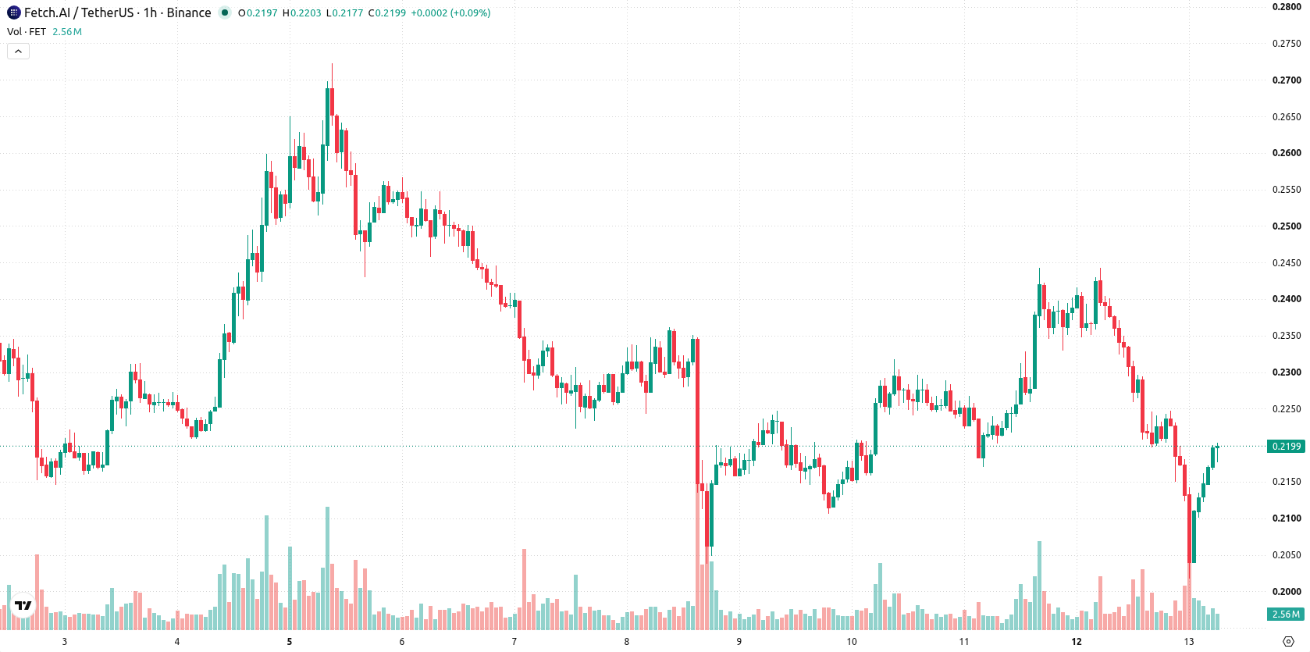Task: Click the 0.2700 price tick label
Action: pos(1287,80)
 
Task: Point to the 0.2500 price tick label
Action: pos(1287,226)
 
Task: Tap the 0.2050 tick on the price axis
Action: pos(1287,555)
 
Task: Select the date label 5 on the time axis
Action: pos(290,642)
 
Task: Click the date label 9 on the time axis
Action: pos(739,642)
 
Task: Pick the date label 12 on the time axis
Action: pos(1076,642)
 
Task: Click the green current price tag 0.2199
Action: pos(1286,446)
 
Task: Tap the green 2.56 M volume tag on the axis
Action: pos(1286,614)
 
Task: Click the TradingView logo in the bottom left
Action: pos(23,605)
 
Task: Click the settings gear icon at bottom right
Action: pos(1288,642)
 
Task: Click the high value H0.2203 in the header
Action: pos(302,12)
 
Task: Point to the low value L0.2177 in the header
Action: pos(344,12)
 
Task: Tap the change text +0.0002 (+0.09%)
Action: pos(450,12)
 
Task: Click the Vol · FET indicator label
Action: pos(27,31)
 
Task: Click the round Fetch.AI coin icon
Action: pos(13,12)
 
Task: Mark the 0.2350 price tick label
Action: pos(1287,336)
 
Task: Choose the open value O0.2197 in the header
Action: pos(258,12)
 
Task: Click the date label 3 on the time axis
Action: pos(64,642)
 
